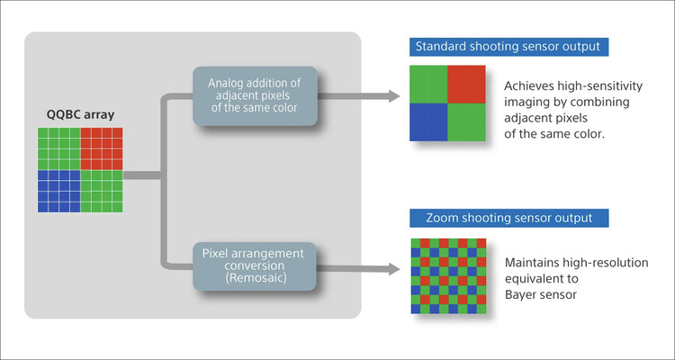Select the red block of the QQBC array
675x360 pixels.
tap(101, 148)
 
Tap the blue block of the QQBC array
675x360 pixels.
tap(58, 191)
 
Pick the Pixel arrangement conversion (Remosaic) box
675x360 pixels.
tap(254, 267)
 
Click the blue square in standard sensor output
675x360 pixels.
tap(429, 121)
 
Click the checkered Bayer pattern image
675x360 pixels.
tap(448, 274)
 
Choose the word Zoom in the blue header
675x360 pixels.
tap(432, 219)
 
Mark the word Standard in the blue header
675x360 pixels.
tap(443, 46)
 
